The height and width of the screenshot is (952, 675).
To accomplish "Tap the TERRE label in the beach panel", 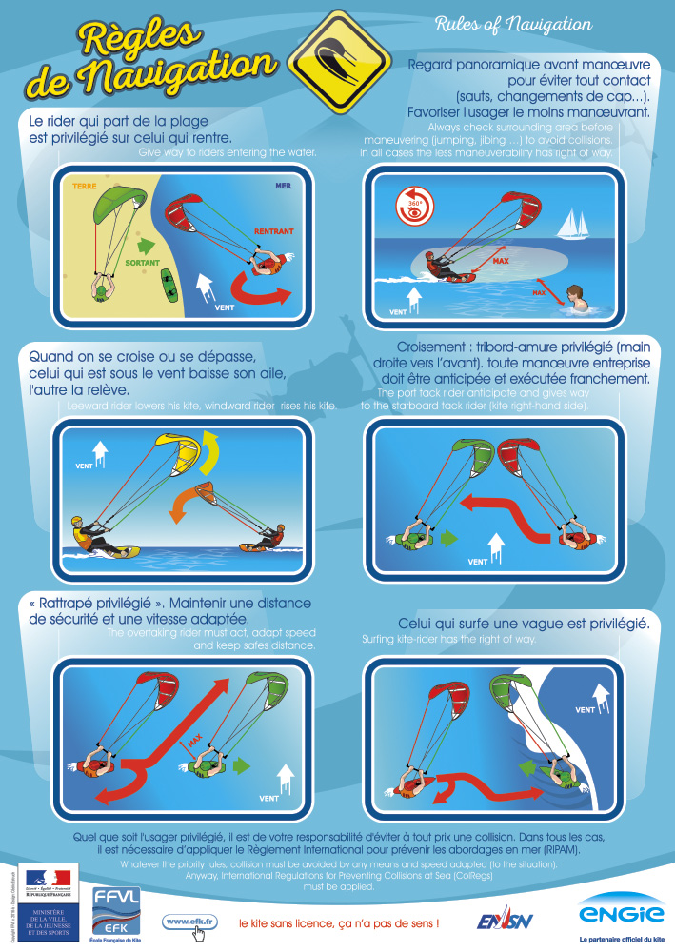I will click(86, 188).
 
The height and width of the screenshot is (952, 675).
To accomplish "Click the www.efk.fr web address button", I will click(190, 921).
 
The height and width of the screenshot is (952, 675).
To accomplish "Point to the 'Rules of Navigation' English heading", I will click(512, 24).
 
